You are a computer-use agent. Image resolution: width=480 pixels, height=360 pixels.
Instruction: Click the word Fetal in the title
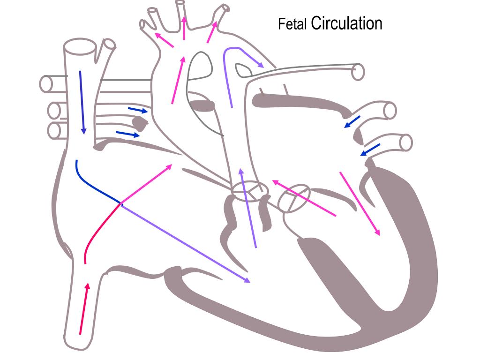(x=292, y=24)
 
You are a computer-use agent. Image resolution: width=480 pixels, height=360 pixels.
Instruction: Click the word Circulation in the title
(x=346, y=23)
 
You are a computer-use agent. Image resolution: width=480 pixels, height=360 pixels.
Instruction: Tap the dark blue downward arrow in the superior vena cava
(x=82, y=101)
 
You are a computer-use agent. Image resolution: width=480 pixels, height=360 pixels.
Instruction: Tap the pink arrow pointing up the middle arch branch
(x=184, y=28)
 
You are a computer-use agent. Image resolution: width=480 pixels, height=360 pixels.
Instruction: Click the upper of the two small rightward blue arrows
(x=138, y=110)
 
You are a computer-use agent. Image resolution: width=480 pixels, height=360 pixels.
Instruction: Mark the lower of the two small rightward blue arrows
(x=127, y=135)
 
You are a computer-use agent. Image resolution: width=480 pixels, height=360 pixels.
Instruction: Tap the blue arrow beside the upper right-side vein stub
(x=352, y=121)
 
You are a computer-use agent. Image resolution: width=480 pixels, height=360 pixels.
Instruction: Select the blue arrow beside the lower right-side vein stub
(x=370, y=150)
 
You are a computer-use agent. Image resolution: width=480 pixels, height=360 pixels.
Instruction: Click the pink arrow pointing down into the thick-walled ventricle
(x=360, y=203)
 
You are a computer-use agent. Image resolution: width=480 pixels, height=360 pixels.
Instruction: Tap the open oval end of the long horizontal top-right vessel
(x=359, y=72)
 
